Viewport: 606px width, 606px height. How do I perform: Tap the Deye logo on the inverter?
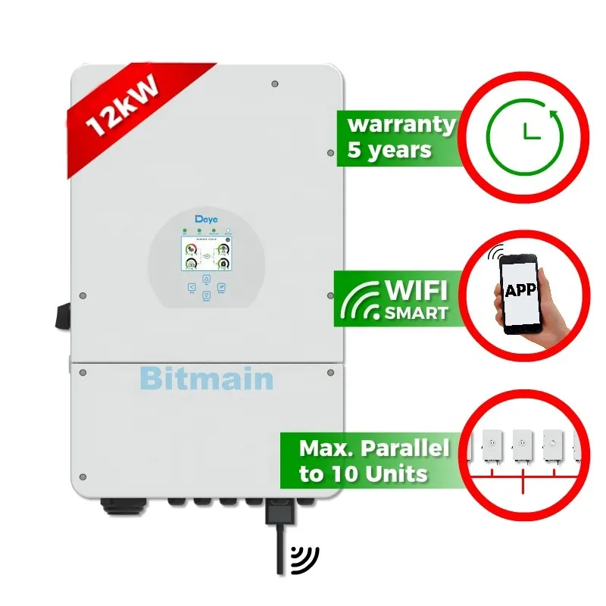(x=206, y=219)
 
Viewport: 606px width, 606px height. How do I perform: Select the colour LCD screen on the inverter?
(x=206, y=255)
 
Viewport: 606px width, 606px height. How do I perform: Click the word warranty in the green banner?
(x=401, y=123)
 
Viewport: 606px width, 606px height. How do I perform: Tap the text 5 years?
(x=389, y=149)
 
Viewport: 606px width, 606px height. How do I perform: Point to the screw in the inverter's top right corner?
(x=274, y=84)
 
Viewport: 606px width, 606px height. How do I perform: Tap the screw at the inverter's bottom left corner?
(x=83, y=476)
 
